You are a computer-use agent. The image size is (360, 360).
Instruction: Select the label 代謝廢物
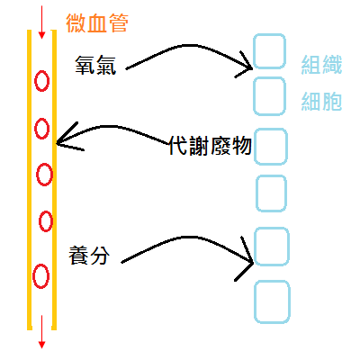(x=209, y=146)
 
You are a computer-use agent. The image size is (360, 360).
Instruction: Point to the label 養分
(x=89, y=254)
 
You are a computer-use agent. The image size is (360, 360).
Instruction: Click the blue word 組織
(x=321, y=64)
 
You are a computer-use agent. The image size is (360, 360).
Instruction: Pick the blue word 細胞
(x=321, y=101)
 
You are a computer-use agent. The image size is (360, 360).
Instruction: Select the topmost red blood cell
(x=40, y=82)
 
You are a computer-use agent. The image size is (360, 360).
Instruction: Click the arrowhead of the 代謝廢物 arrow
(x=59, y=140)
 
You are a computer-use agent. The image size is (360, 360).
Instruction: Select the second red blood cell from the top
(x=41, y=128)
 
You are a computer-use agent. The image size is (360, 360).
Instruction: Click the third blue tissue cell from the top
(x=271, y=147)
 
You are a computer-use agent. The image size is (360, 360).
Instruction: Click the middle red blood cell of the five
(x=42, y=172)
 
